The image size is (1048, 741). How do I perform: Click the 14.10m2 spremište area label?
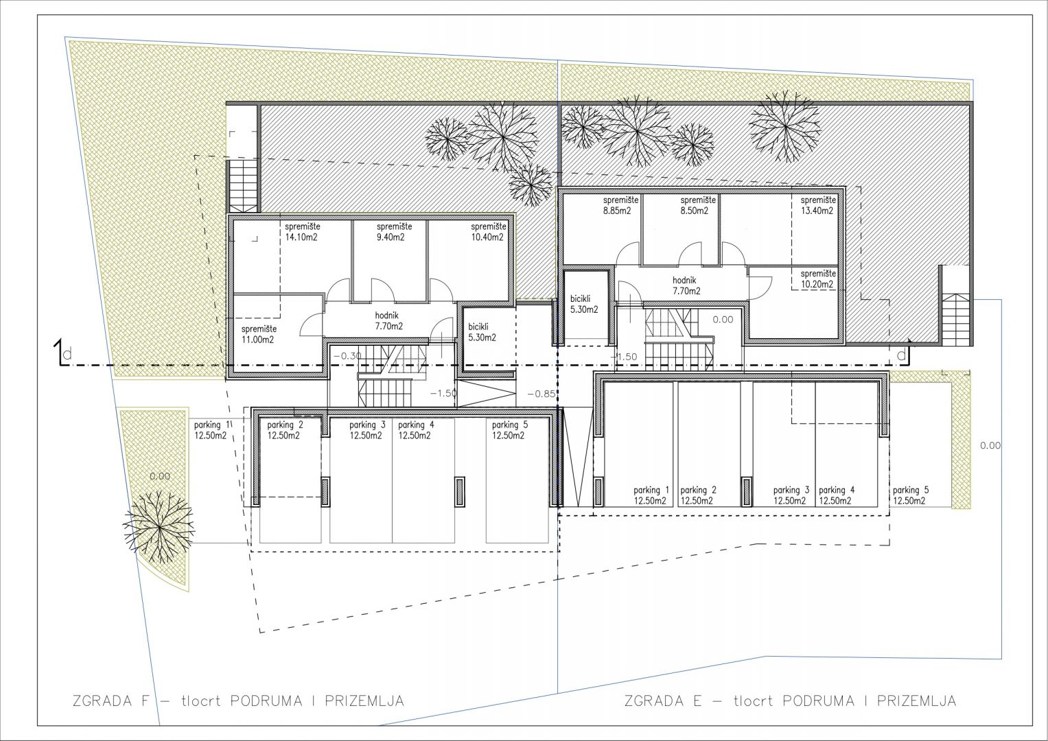pyautogui.click(x=303, y=232)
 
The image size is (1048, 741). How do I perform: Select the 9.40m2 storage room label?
pyautogui.click(x=395, y=232)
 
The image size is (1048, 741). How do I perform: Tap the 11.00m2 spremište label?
pyautogui.click(x=259, y=335)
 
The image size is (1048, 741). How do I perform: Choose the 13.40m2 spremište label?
pyautogui.click(x=818, y=205)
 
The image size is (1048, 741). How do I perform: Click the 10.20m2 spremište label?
pyautogui.click(x=818, y=279)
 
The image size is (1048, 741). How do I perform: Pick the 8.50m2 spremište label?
pyautogui.click(x=698, y=205)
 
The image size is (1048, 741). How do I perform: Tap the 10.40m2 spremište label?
pyautogui.click(x=489, y=232)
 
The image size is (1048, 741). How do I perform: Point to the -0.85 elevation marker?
pyautogui.click(x=542, y=394)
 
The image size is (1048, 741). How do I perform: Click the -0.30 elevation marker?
pyautogui.click(x=347, y=355)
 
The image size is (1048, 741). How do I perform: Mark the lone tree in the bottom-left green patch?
pyautogui.click(x=159, y=527)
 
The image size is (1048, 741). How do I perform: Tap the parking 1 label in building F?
pyautogui.click(x=212, y=430)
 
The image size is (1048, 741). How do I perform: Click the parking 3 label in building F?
pyautogui.click(x=367, y=430)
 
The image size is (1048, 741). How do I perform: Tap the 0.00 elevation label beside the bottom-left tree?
pyautogui.click(x=160, y=476)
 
